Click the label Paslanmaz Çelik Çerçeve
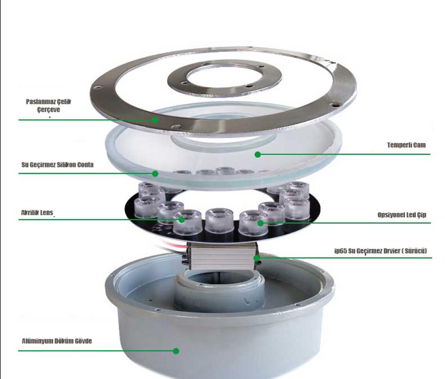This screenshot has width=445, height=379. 48,105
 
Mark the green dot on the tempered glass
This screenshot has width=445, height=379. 257,155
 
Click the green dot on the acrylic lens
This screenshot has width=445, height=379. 181,219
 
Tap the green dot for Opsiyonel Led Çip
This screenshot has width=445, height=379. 261,223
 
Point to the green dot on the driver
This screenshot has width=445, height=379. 256,257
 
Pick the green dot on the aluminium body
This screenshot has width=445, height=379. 176,351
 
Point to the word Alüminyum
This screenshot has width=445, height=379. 38,342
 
